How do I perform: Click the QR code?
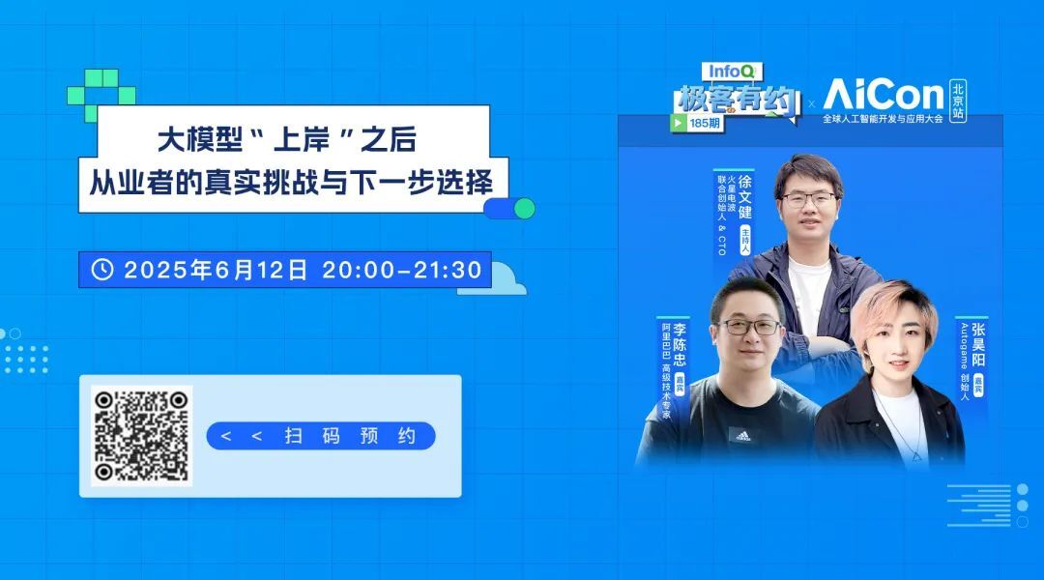pos(141,436)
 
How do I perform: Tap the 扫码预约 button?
pos(321,436)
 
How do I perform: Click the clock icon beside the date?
pos(101,270)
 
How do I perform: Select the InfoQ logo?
pos(731,72)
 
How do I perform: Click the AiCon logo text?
pos(884,95)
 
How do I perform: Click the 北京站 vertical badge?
pos(957,101)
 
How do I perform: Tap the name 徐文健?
pos(745,197)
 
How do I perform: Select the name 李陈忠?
pos(680,344)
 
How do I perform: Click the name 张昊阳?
pos(978,344)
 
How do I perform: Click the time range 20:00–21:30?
pos(402,270)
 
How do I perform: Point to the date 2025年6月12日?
pos(216,270)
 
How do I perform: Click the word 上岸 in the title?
pos(302,140)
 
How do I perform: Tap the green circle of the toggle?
pos(525,209)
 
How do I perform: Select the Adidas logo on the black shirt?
pos(743,436)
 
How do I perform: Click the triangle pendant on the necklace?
pos(916,456)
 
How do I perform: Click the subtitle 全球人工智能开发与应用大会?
pos(883,119)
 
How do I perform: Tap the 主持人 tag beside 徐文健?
pos(745,239)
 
